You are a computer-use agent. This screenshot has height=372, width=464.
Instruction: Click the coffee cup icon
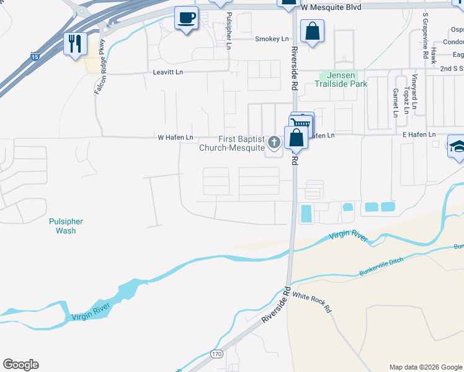186,18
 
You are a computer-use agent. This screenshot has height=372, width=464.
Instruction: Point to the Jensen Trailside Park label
343,79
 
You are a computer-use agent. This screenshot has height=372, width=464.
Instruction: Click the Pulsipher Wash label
66,226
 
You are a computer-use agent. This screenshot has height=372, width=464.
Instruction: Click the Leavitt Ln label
168,73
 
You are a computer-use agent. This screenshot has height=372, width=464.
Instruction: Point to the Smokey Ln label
272,38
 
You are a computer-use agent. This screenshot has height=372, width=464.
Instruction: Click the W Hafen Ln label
176,137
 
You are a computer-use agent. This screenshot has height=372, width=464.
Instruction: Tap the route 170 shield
216,353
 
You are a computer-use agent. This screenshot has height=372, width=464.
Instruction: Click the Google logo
20,365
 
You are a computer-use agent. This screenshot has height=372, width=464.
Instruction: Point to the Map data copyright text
425,367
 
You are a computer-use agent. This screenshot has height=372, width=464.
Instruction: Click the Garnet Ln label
395,102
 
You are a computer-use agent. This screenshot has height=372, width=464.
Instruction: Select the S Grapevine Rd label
426,29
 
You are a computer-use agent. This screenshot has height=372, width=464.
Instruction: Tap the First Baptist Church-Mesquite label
232,143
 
